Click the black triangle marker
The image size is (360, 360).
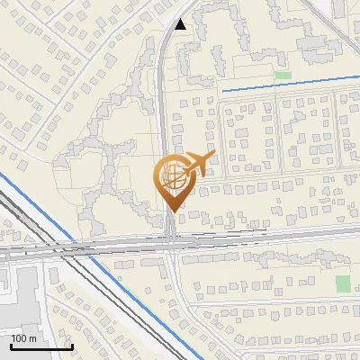(x=182, y=24)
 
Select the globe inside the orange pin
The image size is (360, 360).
(x=171, y=176)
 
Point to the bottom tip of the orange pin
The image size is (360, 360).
(x=171, y=211)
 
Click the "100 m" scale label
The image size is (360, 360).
(x=23, y=338)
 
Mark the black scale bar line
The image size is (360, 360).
(x=41, y=346)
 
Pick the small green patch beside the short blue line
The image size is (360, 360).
(x=283, y=75)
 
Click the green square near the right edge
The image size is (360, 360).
(x=343, y=283)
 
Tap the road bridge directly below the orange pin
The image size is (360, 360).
(x=171, y=241)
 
